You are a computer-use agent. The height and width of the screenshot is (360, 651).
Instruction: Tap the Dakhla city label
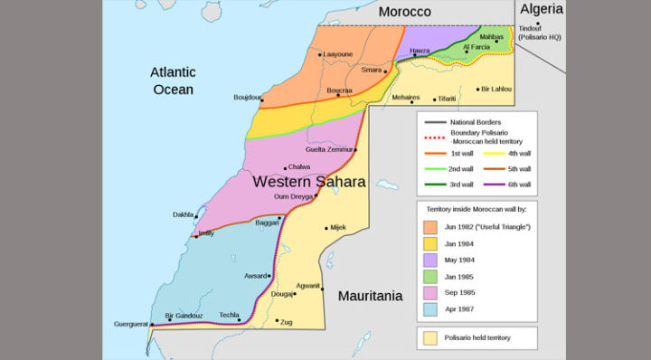[183, 214]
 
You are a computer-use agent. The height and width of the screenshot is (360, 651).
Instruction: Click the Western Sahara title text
[302, 181]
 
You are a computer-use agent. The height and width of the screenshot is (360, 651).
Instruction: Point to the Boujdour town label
[247, 97]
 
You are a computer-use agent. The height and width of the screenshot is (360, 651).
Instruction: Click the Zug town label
[287, 321]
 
